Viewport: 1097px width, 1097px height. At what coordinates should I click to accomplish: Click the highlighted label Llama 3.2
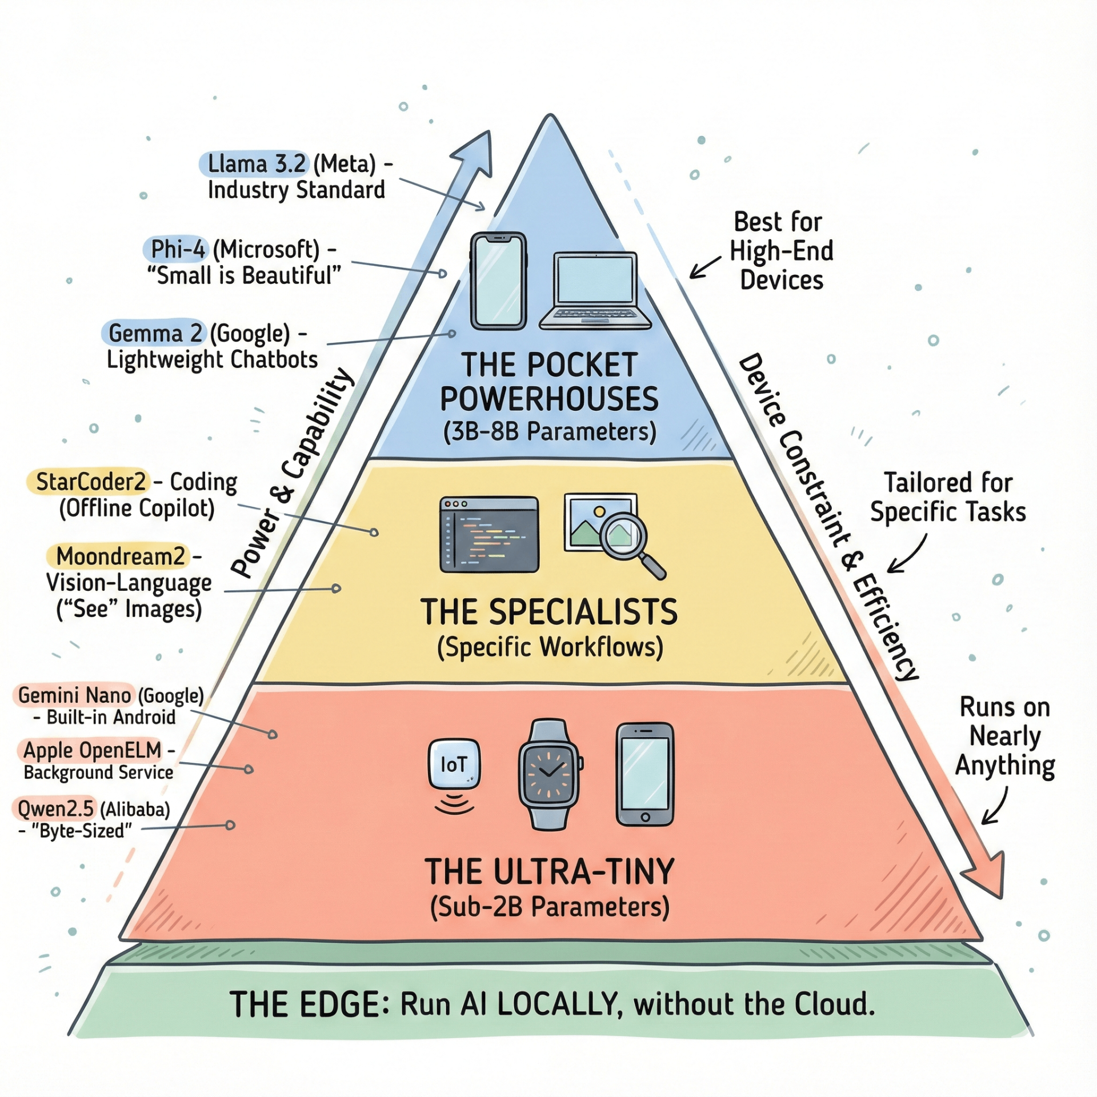(x=254, y=164)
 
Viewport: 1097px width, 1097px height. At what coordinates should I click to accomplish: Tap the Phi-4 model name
(x=177, y=249)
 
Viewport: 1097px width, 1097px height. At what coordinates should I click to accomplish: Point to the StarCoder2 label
(x=90, y=482)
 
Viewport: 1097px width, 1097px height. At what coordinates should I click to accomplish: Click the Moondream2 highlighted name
(x=121, y=556)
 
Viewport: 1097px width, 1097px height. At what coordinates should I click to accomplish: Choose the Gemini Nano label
(x=74, y=695)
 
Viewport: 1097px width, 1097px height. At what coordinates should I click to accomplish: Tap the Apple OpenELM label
(x=92, y=750)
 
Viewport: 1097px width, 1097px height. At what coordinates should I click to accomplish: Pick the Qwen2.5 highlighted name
(x=55, y=808)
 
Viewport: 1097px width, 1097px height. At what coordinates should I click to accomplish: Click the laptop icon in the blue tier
(x=595, y=291)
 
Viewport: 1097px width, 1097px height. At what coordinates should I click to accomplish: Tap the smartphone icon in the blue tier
(x=498, y=281)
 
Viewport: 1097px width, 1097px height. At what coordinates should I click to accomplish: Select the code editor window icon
(x=489, y=534)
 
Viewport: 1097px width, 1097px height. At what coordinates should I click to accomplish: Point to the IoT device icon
(x=454, y=766)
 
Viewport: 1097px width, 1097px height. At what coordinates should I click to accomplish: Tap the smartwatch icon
(x=550, y=774)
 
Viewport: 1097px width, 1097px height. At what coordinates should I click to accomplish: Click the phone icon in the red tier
(x=645, y=774)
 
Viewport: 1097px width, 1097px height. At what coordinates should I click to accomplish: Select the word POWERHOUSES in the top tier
(x=549, y=399)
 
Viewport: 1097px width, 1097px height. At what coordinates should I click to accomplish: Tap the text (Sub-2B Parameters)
(x=549, y=907)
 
